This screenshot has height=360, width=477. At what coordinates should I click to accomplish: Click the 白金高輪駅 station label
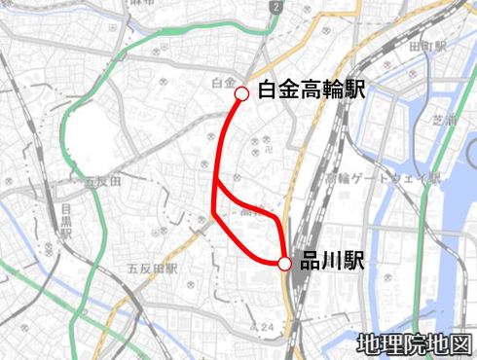point(312,90)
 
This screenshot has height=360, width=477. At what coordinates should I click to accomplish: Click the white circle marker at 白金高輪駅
point(240,93)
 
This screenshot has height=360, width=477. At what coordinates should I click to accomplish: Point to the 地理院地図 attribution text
point(413,343)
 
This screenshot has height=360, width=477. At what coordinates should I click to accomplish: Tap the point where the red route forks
point(215,181)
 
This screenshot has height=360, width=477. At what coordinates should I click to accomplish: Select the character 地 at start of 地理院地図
point(368,343)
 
